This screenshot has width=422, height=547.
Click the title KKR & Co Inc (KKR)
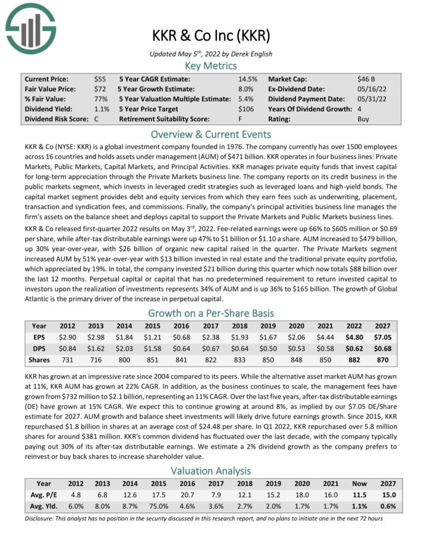[211, 35]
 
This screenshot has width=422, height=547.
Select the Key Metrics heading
[211, 65]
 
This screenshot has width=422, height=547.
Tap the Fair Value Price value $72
[100, 89]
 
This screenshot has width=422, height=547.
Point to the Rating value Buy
[363, 119]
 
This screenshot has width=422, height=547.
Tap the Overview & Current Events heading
[211, 134]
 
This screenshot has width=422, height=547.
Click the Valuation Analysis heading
[211, 470]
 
